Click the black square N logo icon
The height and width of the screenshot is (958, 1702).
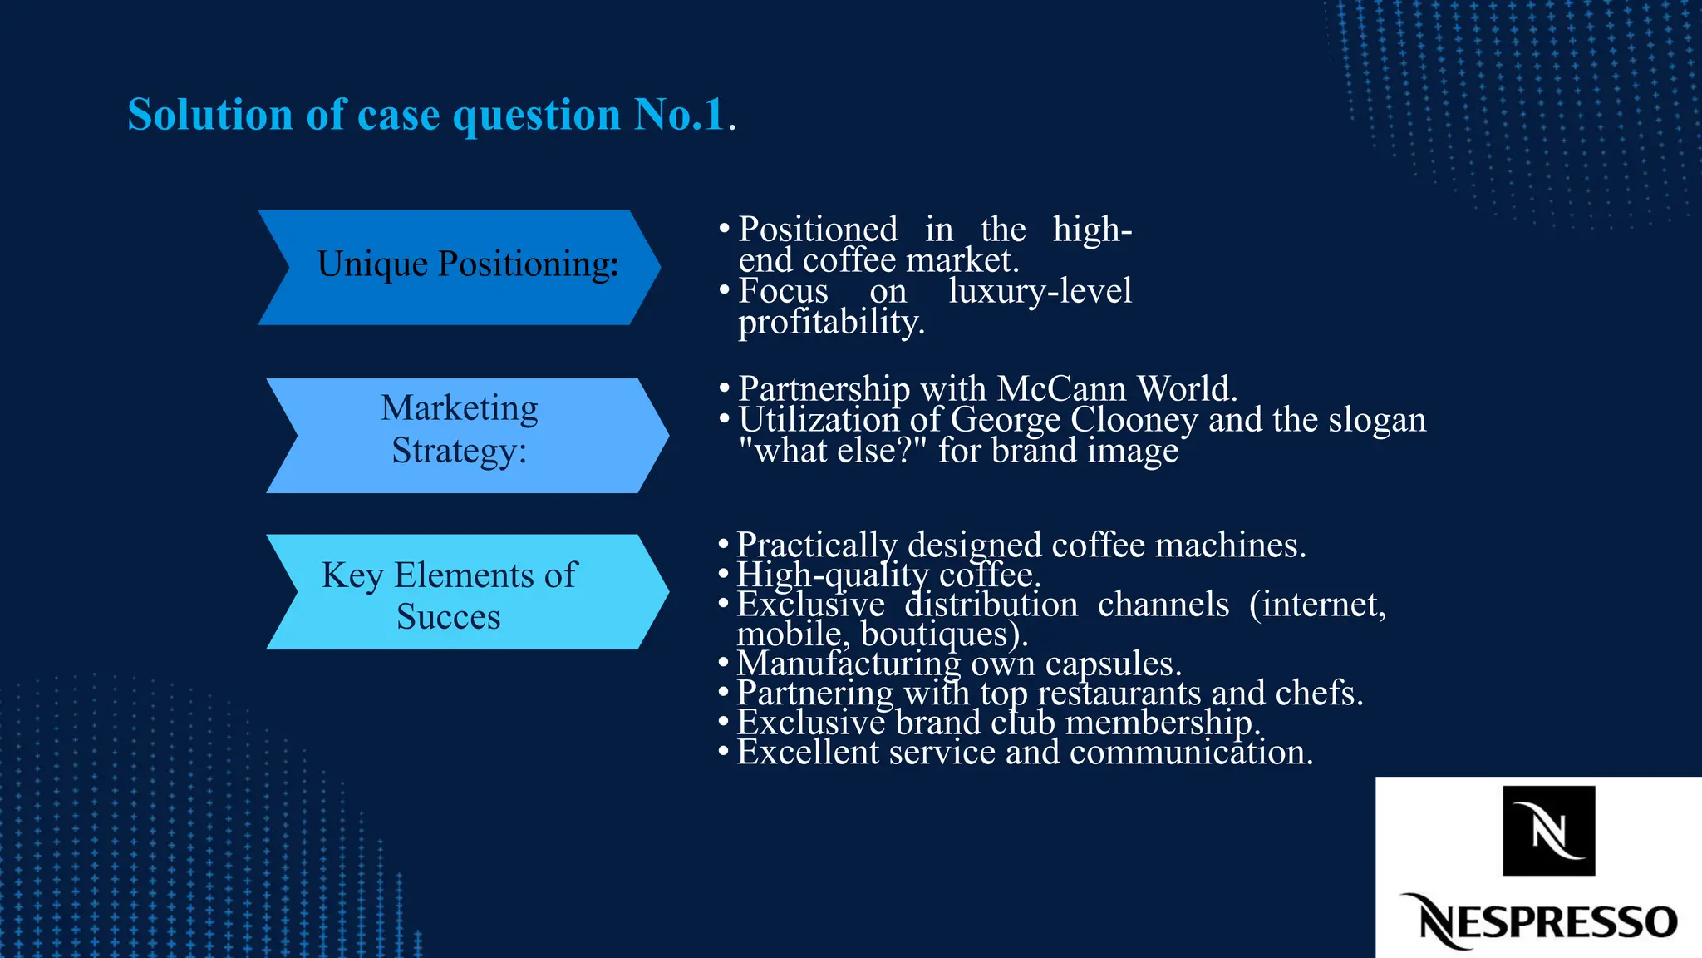pyautogui.click(x=1548, y=830)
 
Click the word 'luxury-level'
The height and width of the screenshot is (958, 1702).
pyautogui.click(x=1040, y=291)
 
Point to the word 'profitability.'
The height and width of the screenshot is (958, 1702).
pyautogui.click(x=831, y=323)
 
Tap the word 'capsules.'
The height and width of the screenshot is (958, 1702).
pyautogui.click(x=1113, y=664)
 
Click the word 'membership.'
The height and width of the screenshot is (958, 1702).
pyautogui.click(x=1163, y=723)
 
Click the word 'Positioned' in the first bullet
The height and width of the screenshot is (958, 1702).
pyautogui.click(x=818, y=230)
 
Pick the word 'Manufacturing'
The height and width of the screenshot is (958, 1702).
pyautogui.click(x=849, y=664)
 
